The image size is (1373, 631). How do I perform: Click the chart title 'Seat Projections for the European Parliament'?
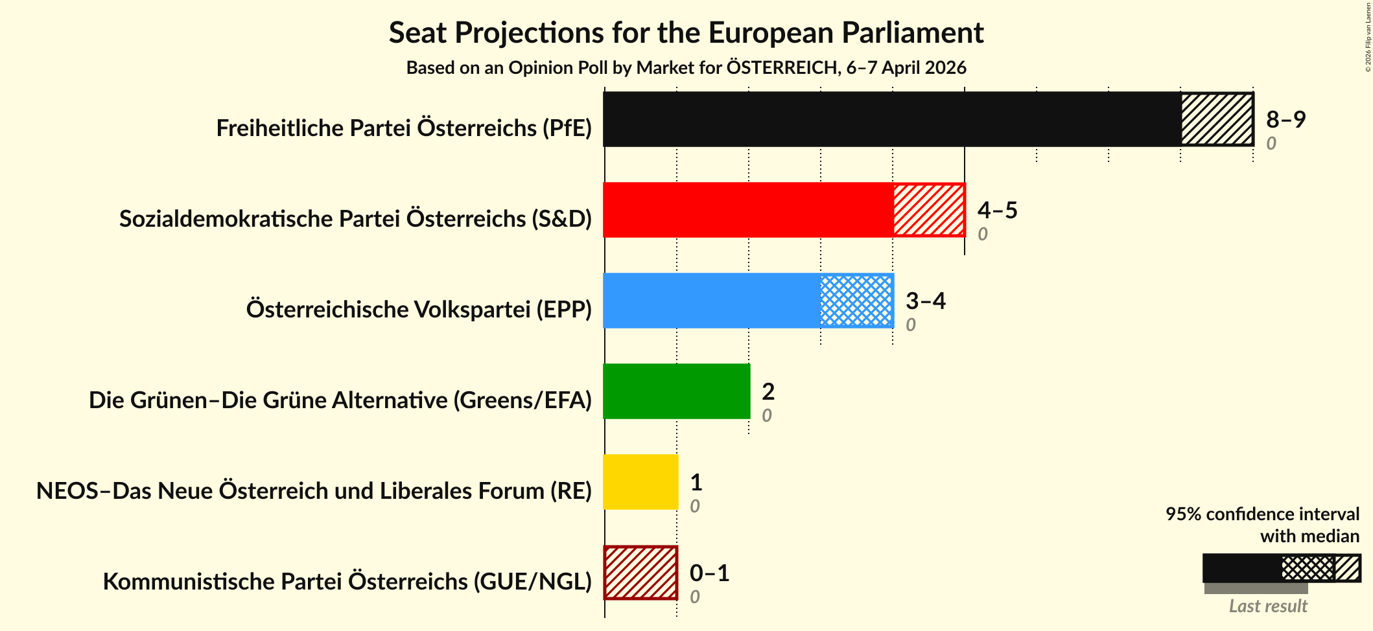pyautogui.click(x=686, y=32)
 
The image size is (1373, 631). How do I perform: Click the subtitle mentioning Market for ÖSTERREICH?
pyautogui.click(x=686, y=67)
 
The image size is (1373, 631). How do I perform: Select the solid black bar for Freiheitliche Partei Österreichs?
pyautogui.click(x=891, y=119)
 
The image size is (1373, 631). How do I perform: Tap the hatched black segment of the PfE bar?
pyautogui.click(x=1217, y=119)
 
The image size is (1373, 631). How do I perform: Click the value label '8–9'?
pyautogui.click(x=1285, y=119)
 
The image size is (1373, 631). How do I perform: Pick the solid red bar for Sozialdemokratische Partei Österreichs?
pyautogui.click(x=748, y=210)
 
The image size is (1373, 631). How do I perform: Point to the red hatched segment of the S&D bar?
pyautogui.click(x=929, y=210)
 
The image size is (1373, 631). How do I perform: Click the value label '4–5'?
pyautogui.click(x=997, y=210)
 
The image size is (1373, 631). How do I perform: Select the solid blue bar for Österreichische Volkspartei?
pyautogui.click(x=712, y=301)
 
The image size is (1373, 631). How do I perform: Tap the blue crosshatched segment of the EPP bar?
pyautogui.click(x=856, y=301)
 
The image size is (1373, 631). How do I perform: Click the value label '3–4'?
pyautogui.click(x=925, y=301)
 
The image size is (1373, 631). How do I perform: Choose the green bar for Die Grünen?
pyautogui.click(x=676, y=391)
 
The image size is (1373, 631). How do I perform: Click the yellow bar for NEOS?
pyautogui.click(x=640, y=482)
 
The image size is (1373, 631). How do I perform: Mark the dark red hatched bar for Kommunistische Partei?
pyautogui.click(x=640, y=573)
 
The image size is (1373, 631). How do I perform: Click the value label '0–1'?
pyautogui.click(x=709, y=573)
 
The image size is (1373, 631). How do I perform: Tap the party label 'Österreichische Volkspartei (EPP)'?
pyautogui.click(x=419, y=310)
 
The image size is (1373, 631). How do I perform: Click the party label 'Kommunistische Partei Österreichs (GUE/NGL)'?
pyautogui.click(x=347, y=582)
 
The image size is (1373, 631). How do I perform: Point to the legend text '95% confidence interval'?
pyautogui.click(x=1262, y=514)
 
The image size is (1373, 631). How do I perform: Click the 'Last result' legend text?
pyautogui.click(x=1267, y=606)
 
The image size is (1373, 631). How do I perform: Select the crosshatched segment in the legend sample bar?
pyautogui.click(x=1307, y=568)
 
